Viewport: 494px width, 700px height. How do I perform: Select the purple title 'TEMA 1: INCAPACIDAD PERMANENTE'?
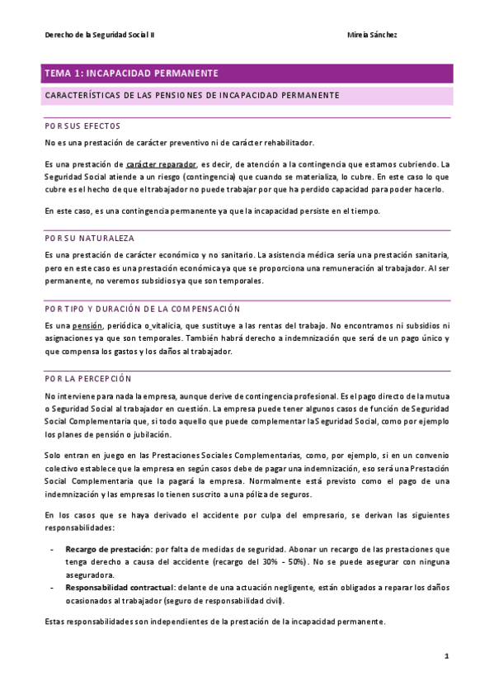(132, 73)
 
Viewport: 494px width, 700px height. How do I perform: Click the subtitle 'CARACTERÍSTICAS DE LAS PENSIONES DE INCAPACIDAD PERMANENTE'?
(192, 96)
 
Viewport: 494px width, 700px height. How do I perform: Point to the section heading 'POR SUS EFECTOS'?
(82, 126)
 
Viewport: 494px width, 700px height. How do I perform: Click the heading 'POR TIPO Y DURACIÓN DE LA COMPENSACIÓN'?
(142, 309)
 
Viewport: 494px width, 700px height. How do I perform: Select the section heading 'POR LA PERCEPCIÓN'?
(88, 379)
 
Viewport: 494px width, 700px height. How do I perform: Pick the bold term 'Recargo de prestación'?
(108, 549)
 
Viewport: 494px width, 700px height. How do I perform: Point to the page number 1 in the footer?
(446, 656)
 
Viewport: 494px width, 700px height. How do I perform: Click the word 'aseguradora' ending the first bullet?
(91, 575)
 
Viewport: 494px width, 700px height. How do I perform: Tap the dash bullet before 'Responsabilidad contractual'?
(52, 588)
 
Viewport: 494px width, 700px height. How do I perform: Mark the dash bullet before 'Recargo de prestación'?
(52, 549)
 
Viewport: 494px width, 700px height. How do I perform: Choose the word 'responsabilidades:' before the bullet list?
(80, 527)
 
